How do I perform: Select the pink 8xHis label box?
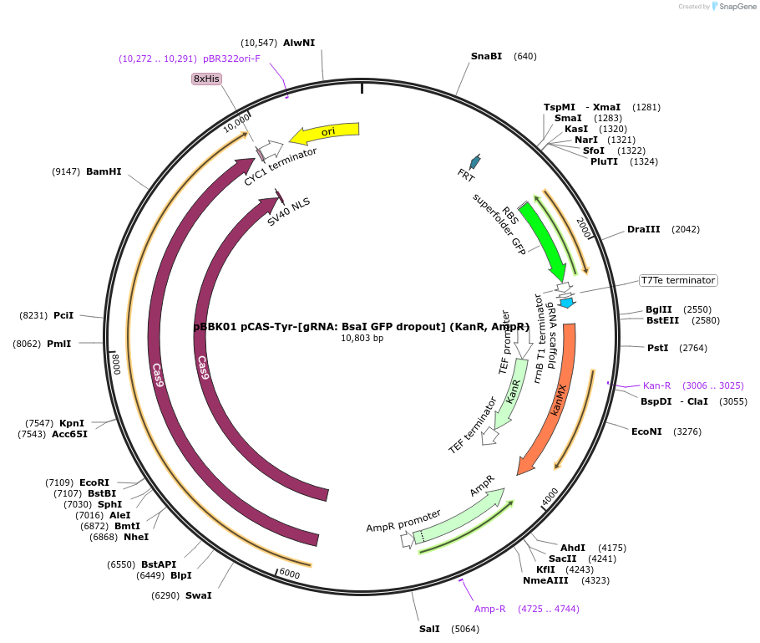[x=206, y=79]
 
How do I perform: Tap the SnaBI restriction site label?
[x=486, y=56]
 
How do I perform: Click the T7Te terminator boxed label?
[x=677, y=280]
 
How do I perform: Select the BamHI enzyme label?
[x=104, y=171]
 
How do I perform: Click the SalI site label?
[x=430, y=629]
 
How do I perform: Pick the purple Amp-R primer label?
[x=490, y=609]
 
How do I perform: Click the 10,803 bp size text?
[x=362, y=339]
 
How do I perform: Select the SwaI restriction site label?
[x=199, y=595]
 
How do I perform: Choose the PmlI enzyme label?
[x=58, y=343]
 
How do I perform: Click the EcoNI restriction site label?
[x=646, y=431]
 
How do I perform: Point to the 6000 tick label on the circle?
[x=289, y=574]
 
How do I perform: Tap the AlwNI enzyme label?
[x=299, y=43]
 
